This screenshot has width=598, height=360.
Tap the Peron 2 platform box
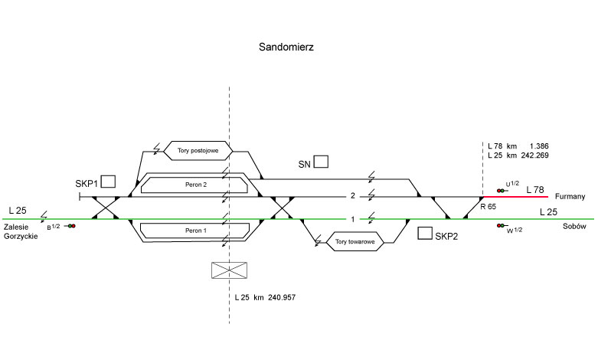(196, 185)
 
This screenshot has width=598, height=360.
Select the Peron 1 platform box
(196, 230)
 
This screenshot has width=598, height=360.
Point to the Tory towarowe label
(355, 243)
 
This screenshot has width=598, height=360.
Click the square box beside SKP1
(108, 182)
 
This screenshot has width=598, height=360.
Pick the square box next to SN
(321, 162)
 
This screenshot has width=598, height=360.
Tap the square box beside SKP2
(424, 234)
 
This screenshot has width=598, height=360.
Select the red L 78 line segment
(515, 197)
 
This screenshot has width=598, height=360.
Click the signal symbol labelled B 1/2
(71, 226)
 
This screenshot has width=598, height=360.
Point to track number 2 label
(353, 197)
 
